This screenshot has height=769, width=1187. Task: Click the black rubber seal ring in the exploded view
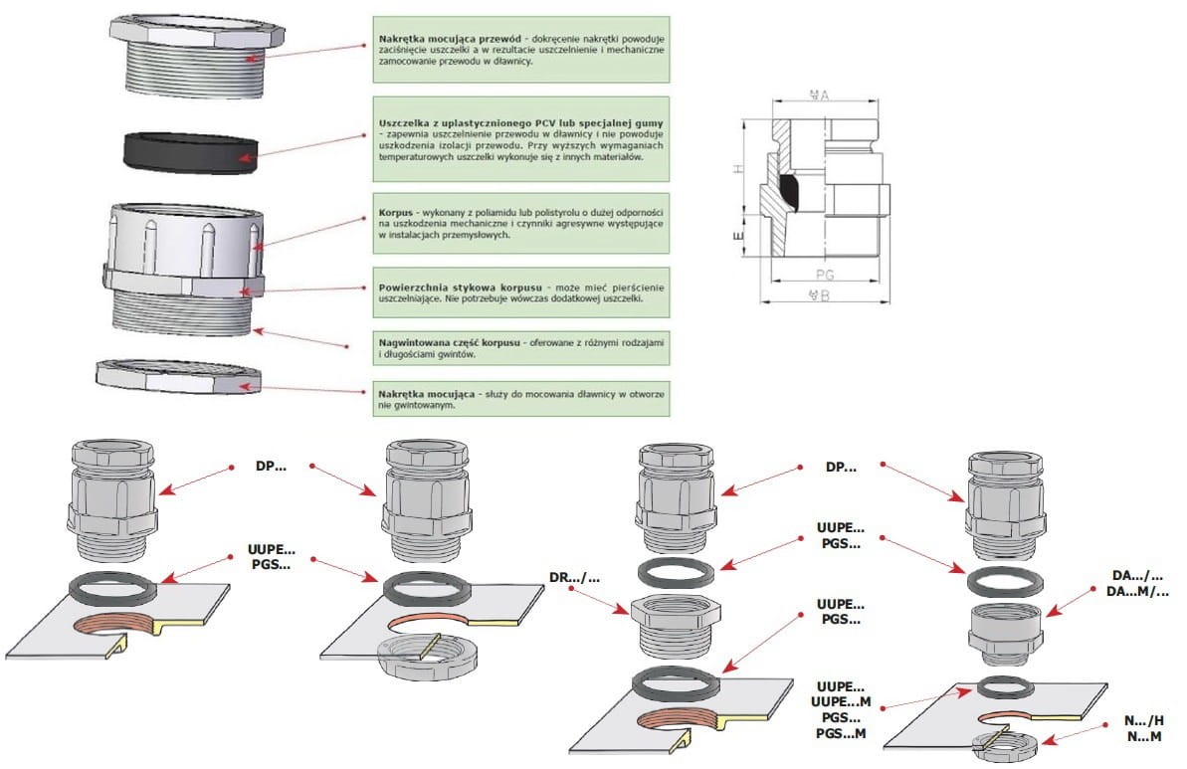coord(191,152)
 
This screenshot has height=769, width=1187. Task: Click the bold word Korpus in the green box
coord(396,212)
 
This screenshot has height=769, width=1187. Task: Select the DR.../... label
coord(574,577)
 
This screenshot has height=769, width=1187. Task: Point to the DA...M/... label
coord(1137,592)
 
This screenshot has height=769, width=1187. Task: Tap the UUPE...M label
coord(841,702)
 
